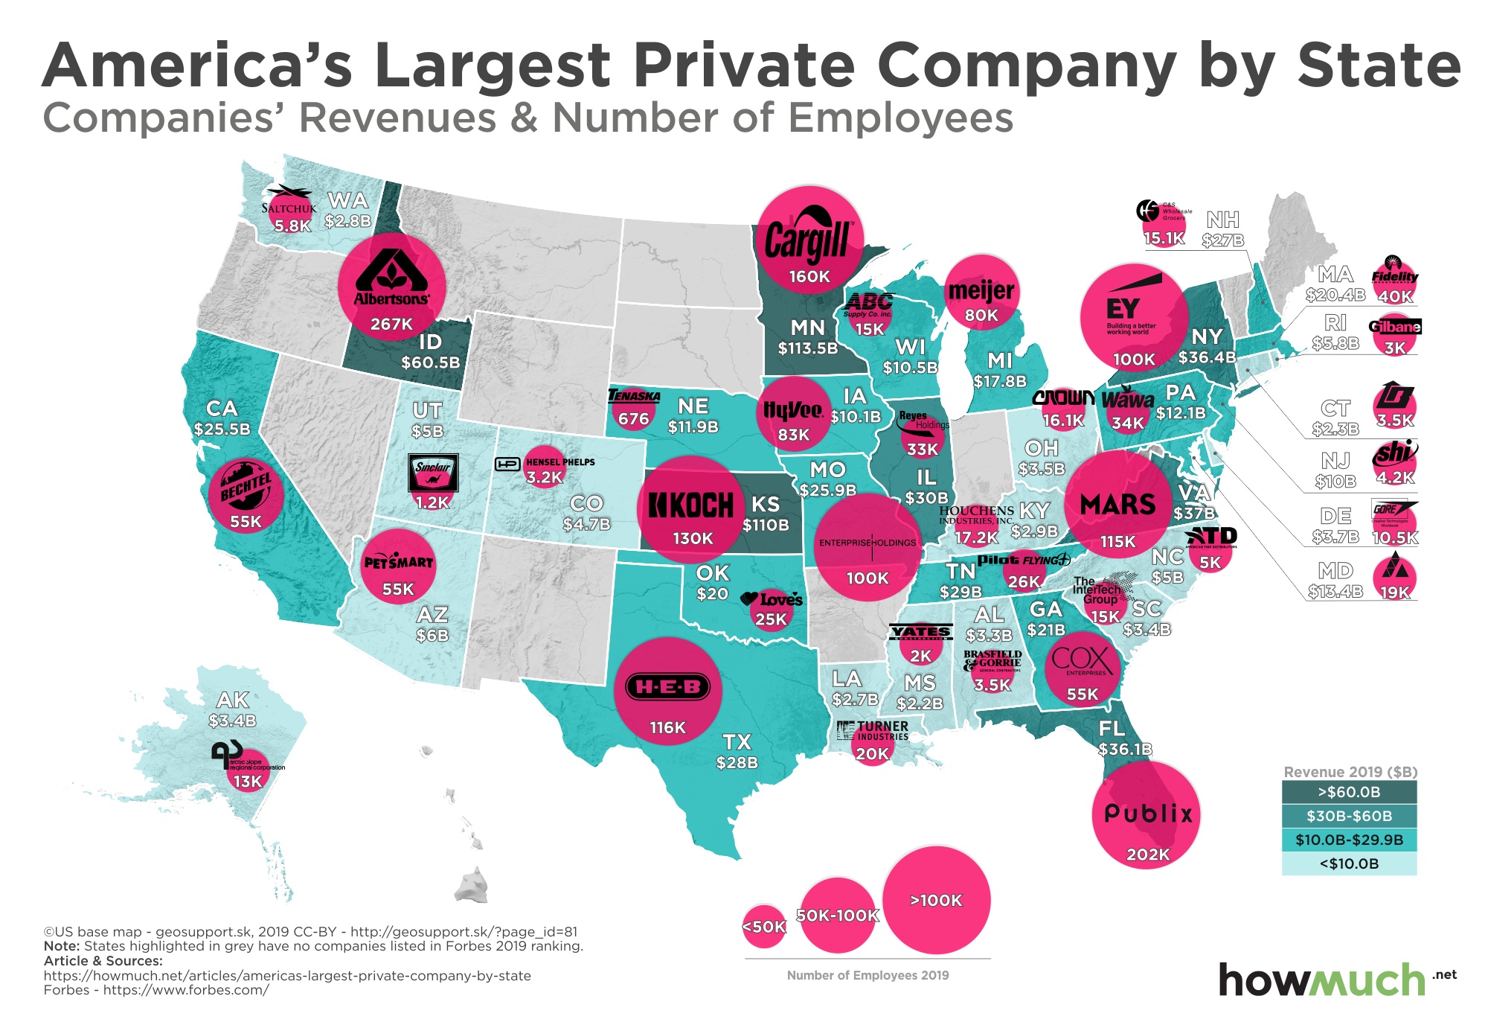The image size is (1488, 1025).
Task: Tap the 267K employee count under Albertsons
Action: [x=391, y=324]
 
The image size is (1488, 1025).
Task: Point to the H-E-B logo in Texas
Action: [x=667, y=686]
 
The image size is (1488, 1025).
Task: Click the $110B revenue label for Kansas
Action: [x=766, y=525]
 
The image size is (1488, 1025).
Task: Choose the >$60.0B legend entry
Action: [x=1349, y=792]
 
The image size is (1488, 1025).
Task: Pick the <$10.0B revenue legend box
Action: [x=1349, y=863]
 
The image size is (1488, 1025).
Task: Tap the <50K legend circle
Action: [x=764, y=927]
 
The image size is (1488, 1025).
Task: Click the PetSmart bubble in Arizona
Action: [x=398, y=566]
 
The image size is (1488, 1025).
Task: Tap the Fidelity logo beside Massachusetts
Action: [x=1395, y=275]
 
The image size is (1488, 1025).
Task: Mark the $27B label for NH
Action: [x=1222, y=240]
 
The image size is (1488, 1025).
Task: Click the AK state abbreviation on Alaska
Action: [x=232, y=700]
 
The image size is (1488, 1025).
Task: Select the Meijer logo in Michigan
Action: [x=981, y=290]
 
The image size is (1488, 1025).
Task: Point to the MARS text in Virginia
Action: [x=1117, y=504]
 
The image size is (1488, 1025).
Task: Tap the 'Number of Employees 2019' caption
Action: [x=868, y=975]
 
